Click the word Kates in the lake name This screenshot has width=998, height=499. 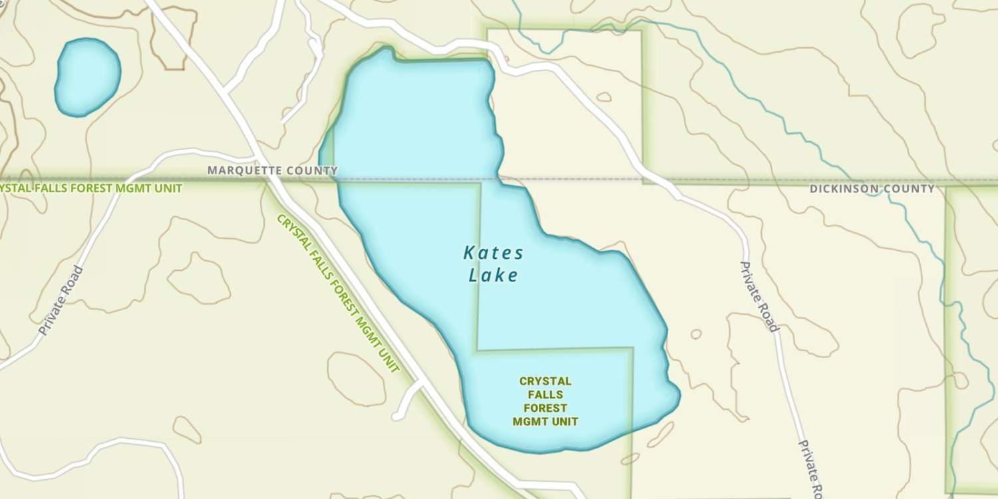[x=493, y=253]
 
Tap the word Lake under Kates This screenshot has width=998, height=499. [x=493, y=275]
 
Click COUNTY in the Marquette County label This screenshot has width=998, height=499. [x=312, y=170]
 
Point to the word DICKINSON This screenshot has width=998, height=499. [x=845, y=189]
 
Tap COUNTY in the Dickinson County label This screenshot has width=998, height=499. [x=910, y=189]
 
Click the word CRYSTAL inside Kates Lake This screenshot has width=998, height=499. [x=545, y=381]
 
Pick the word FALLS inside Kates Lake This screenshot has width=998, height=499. [x=545, y=395]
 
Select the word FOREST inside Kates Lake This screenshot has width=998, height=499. [x=545, y=408]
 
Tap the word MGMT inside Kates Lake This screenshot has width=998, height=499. [x=530, y=421]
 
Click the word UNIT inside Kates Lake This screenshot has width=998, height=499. [x=564, y=421]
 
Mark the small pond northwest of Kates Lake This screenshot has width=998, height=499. [x=87, y=76]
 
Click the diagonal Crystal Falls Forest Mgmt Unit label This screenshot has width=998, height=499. [x=338, y=293]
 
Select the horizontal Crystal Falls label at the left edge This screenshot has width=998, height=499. [x=90, y=188]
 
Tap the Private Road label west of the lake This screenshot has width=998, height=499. [x=61, y=300]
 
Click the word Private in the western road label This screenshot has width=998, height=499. [x=53, y=315]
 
